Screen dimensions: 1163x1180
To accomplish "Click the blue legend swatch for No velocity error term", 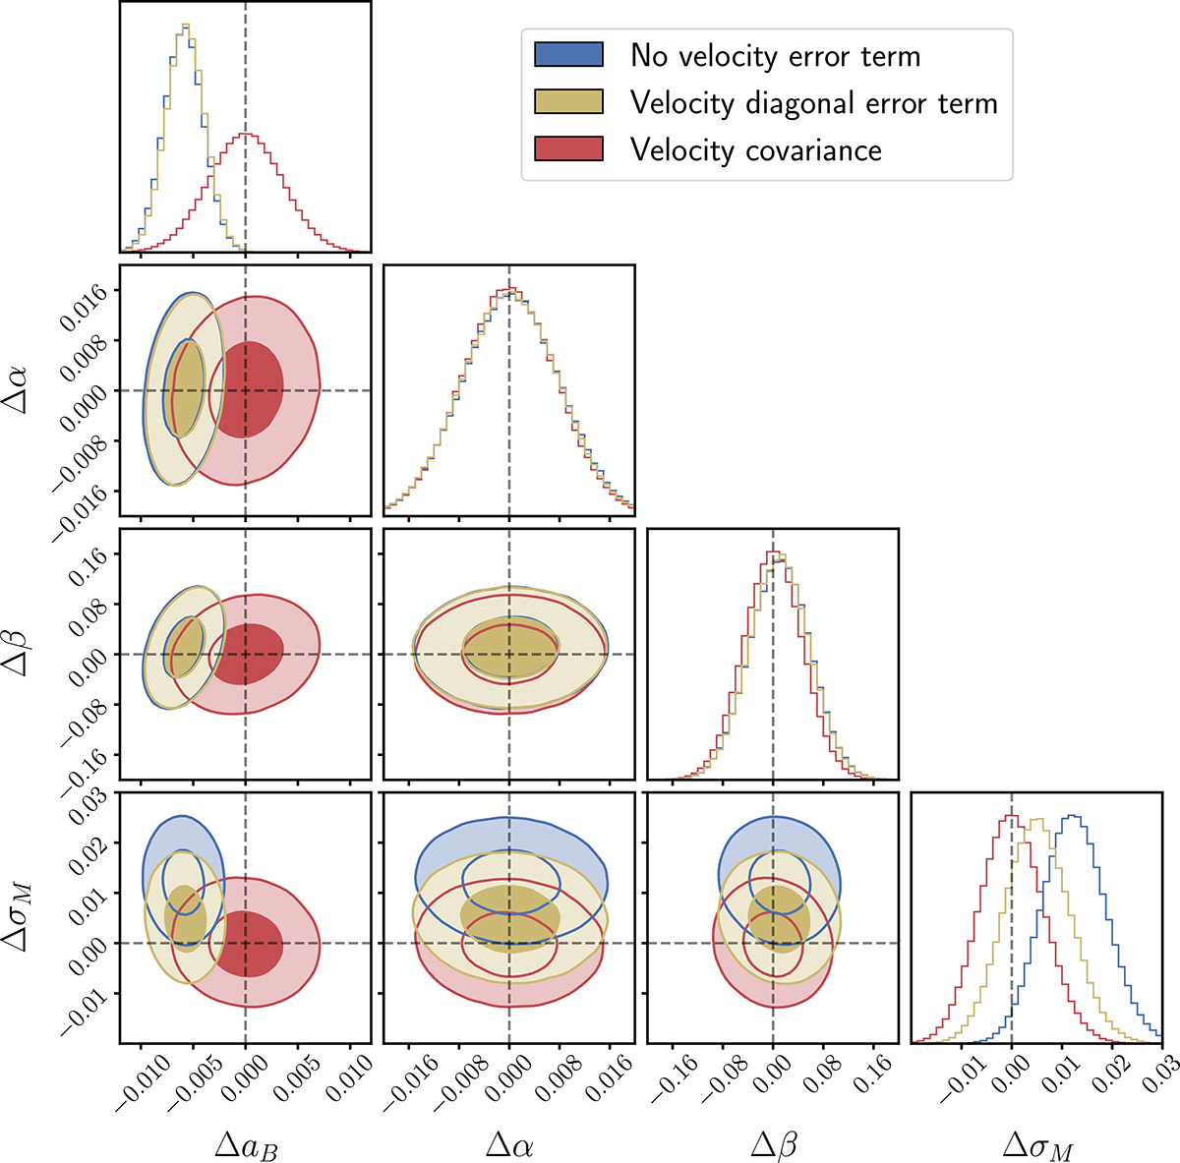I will point(568,55).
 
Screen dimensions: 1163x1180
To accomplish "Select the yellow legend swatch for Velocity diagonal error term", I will point(568,102).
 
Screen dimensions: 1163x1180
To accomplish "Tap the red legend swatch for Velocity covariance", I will point(568,149).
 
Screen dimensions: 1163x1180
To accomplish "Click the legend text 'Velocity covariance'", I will point(755,150).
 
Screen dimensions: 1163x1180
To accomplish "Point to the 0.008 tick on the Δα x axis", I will point(551,1081).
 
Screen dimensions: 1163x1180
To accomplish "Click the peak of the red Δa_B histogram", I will point(247,135).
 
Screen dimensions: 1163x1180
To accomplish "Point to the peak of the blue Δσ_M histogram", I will point(1073,815).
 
